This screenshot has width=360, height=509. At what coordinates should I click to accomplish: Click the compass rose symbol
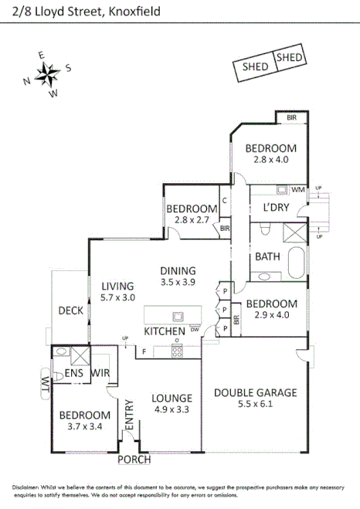[x=47, y=75]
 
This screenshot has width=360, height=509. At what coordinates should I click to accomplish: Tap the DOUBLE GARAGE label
[x=255, y=392]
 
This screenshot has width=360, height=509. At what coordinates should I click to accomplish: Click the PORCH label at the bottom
[x=134, y=460]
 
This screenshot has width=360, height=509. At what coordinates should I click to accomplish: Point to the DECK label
[x=72, y=310]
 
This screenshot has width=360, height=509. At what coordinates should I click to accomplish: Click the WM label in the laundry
[x=298, y=189]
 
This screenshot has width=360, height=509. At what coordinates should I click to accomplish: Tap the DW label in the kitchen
[x=195, y=330]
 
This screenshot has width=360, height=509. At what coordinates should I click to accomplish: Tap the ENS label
[x=73, y=373]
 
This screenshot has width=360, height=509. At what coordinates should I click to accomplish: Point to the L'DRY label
[x=276, y=208]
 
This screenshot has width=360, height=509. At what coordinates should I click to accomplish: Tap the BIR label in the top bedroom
[x=291, y=118]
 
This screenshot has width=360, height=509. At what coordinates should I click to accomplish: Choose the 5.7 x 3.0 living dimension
[x=118, y=297]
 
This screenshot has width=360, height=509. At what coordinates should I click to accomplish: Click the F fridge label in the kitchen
[x=143, y=352]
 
